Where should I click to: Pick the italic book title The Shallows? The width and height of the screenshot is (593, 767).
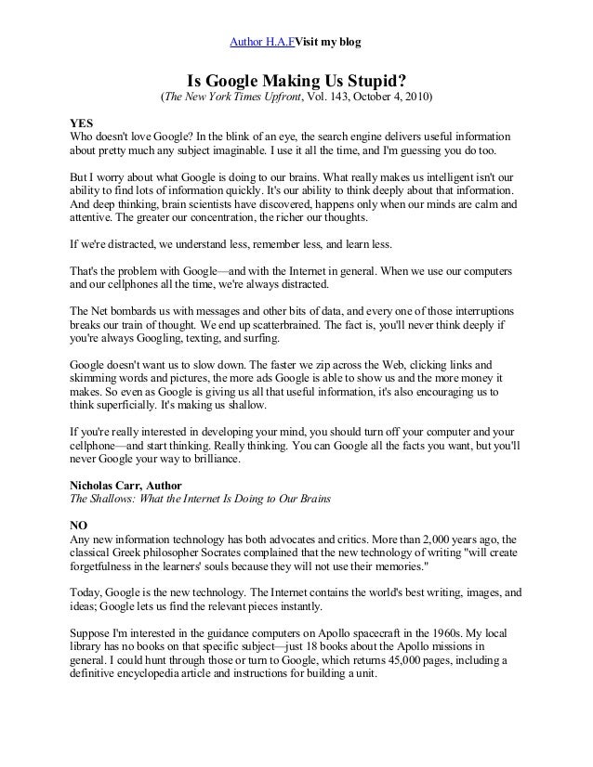point(101,499)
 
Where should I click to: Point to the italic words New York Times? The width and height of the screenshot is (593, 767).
point(231,97)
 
